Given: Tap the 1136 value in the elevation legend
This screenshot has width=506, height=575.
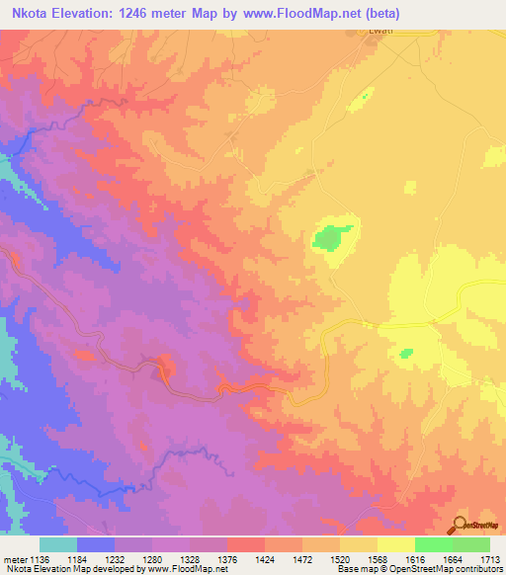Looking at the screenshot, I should (41, 560).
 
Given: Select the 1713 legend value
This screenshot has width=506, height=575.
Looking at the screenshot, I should (489, 560).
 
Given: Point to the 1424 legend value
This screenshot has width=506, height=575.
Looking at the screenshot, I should (265, 560).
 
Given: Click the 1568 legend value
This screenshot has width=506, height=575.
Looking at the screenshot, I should (378, 560).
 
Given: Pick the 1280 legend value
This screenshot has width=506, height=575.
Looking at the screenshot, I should (152, 560).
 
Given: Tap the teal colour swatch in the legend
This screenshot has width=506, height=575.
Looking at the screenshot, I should (58, 544).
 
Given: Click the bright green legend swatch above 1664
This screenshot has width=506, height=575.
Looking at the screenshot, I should (433, 544).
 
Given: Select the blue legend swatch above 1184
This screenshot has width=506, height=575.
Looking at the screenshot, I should (96, 544).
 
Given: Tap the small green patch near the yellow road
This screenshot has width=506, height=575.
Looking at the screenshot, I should (405, 353).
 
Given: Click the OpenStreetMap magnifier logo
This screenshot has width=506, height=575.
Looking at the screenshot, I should (459, 524).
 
